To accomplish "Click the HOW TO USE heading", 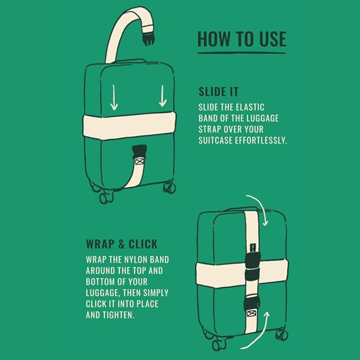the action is [x=242, y=39].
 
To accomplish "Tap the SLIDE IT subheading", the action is [x=218, y=92].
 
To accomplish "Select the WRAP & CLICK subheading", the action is [x=122, y=244].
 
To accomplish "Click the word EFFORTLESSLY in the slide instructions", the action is [x=261, y=141].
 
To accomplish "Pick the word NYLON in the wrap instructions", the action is [x=135, y=260].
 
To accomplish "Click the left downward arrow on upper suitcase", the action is [x=114, y=98].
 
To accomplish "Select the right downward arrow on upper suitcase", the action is [x=163, y=96].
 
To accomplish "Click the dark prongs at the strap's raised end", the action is [x=148, y=39].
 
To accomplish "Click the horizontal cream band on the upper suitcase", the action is [x=129, y=126].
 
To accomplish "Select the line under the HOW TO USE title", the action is [x=242, y=53].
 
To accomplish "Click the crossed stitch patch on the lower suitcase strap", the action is [x=252, y=314].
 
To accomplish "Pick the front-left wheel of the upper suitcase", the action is [x=106, y=198].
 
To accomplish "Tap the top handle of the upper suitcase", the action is [x=130, y=61].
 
